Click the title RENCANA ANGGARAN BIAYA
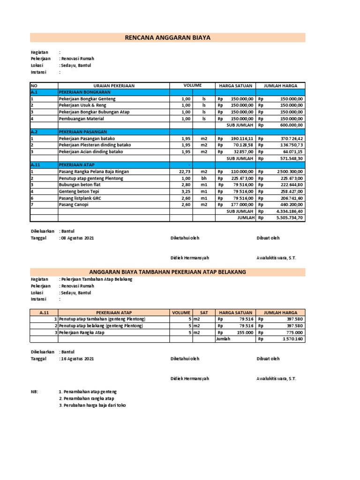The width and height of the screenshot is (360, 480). tap(167, 37)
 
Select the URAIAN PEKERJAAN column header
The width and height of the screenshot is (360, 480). tap(114, 86)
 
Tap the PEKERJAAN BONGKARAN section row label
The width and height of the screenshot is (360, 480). tap(84, 92)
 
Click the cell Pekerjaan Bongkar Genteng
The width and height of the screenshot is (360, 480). tap(87, 99)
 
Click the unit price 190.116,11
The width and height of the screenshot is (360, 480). tap(242, 139)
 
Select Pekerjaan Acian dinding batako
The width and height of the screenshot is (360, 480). tap(91, 152)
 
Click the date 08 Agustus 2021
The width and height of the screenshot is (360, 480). tap(77, 238)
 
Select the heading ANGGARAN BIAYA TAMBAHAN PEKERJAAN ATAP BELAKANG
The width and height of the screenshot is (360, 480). tap(167, 272)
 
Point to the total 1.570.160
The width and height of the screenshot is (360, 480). tap(293, 339)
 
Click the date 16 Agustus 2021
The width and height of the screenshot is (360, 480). tap(77, 359)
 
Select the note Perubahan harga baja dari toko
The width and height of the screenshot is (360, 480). tap(92, 405)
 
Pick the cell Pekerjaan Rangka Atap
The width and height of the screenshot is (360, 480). tap(82, 332)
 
